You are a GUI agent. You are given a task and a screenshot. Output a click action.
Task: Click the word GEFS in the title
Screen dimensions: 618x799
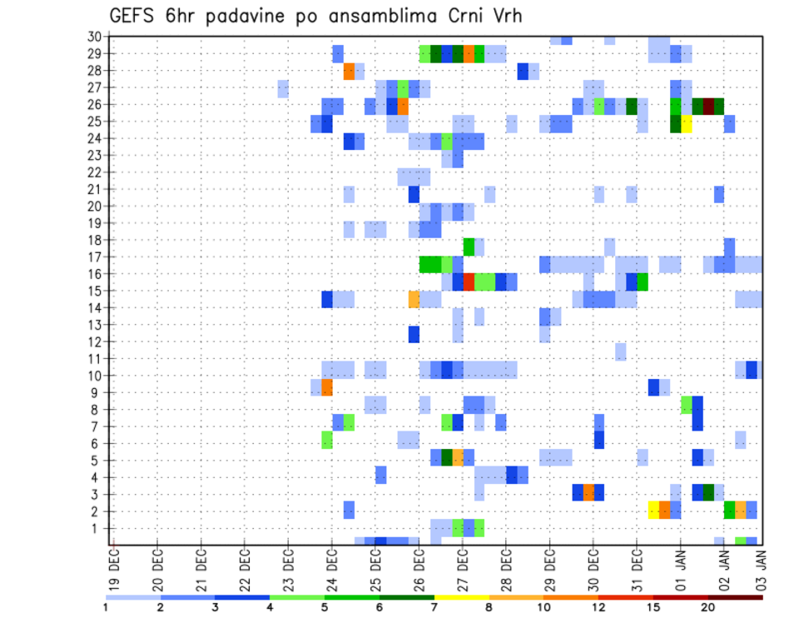[x=132, y=16]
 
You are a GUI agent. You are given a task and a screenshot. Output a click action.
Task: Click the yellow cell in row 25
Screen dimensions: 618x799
[x=687, y=123]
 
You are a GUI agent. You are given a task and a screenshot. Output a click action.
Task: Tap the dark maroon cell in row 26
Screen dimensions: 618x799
[x=708, y=106]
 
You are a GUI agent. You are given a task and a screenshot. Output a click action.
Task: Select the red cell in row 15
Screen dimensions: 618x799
[x=469, y=282]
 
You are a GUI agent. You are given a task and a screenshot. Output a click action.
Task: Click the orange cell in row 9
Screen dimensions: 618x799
[x=327, y=387]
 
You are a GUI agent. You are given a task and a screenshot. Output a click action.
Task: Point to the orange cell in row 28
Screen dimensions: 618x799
[x=349, y=71]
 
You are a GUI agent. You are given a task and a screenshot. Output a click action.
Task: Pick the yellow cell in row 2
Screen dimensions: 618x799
[x=654, y=509]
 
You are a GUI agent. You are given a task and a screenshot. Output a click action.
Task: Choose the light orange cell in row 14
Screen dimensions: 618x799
[x=414, y=298]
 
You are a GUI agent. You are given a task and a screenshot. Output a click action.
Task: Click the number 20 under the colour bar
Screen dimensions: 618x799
[x=708, y=607]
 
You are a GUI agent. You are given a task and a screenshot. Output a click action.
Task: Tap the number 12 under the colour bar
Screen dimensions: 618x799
[x=599, y=607]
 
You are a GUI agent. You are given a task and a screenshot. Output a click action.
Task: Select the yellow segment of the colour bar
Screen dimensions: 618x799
[x=462, y=597]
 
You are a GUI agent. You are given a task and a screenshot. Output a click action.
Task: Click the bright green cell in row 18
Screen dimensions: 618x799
[x=469, y=246]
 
